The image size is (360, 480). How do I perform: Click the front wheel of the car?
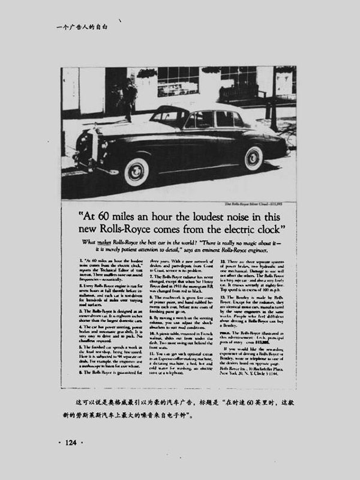[137, 172]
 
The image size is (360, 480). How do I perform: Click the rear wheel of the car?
[253, 158]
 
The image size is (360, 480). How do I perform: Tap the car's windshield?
[169, 116]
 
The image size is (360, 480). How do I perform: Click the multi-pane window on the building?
[178, 80]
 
